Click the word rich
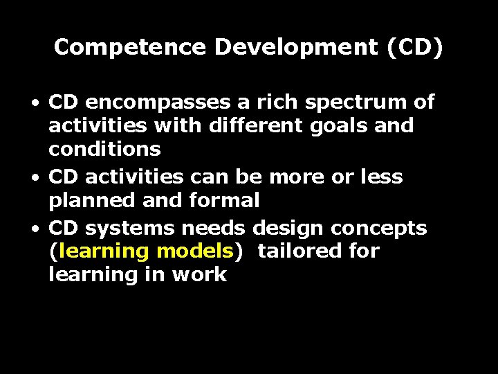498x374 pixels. point(277,102)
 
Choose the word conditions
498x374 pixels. point(104,149)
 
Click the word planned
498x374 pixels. point(89,202)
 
